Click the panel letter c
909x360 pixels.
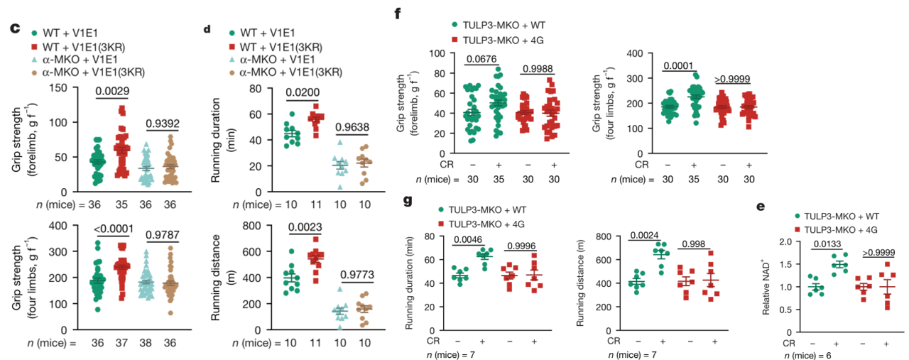tap(13, 31)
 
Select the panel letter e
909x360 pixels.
tap(761, 207)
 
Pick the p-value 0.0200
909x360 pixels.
tap(304, 93)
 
